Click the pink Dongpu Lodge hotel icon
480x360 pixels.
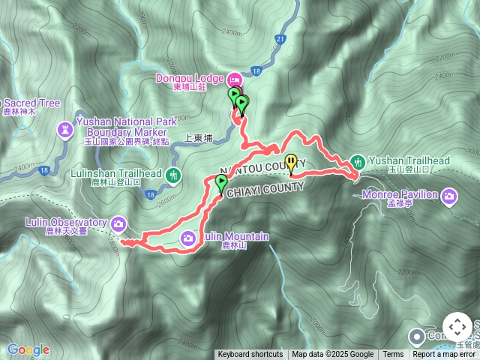click(x=234, y=78)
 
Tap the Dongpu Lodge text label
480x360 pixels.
click(x=189, y=78)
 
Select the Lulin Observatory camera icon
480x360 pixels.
click(x=118, y=223)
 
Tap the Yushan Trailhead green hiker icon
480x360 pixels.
click(x=358, y=160)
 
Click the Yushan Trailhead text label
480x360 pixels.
click(x=409, y=160)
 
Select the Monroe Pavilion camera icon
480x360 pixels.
click(x=448, y=196)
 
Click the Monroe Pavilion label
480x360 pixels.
click(x=402, y=195)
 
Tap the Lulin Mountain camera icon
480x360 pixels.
click(x=188, y=238)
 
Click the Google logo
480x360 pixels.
click(x=28, y=349)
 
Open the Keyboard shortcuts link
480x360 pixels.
click(x=250, y=355)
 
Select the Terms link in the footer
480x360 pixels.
click(x=393, y=355)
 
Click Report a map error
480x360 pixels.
click(x=445, y=355)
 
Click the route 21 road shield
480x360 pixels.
click(x=280, y=38)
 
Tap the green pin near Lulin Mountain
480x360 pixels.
click(x=221, y=182)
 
